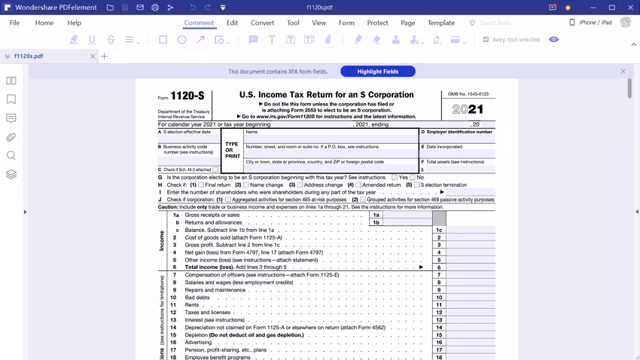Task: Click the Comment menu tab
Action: point(199,23)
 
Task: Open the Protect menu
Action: point(377,23)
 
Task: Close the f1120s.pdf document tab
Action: point(93,56)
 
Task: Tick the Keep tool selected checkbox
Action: point(486,39)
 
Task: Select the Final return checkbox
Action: point(202,185)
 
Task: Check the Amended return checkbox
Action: point(358,185)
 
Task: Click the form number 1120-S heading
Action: point(187,96)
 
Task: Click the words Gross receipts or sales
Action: point(212,215)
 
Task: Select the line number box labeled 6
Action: point(439,267)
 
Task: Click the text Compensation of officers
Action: point(215,275)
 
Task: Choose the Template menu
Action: point(440,23)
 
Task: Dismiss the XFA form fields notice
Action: point(623,72)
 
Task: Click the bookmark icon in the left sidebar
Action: point(11,99)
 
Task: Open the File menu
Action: point(14,23)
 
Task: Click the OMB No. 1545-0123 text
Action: point(468,94)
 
